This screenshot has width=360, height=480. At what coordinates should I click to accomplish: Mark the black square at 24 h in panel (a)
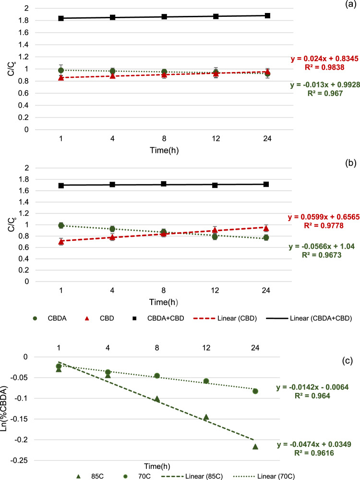pos(267,15)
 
